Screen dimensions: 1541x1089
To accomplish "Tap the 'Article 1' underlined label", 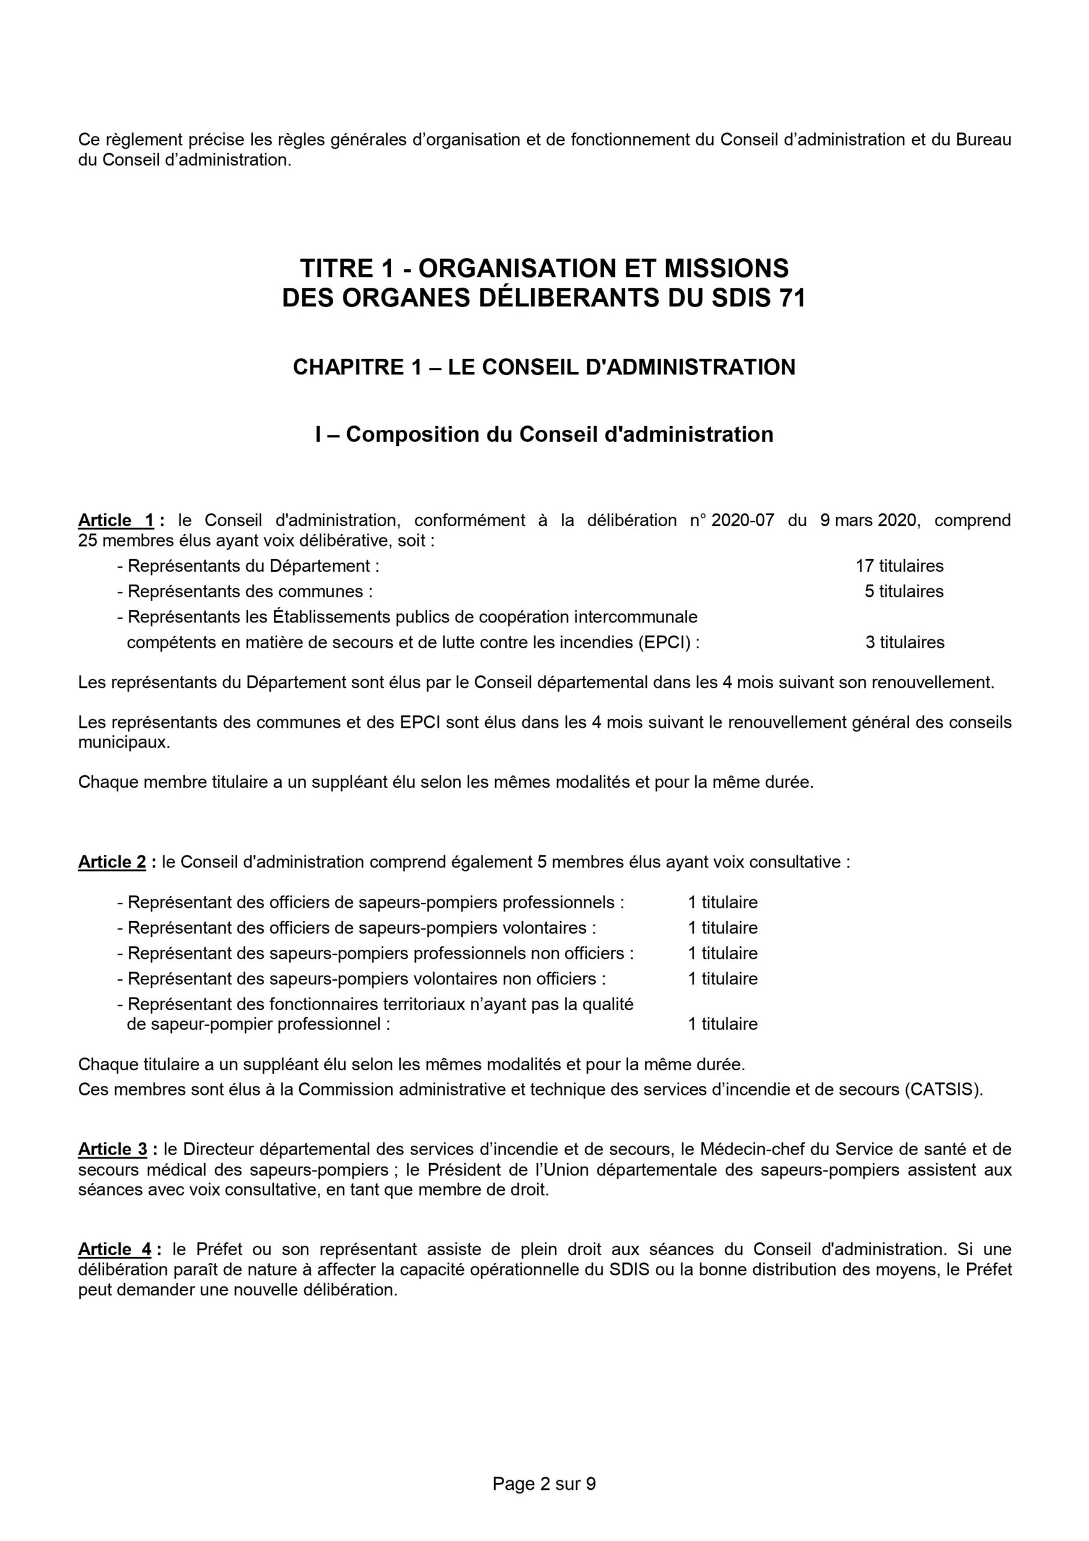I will pos(117,520).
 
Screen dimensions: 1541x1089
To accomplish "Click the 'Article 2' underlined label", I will pos(112,862).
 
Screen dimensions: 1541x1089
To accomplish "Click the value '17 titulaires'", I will pos(899,566).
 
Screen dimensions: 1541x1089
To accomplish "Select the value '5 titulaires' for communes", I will pos(904,591).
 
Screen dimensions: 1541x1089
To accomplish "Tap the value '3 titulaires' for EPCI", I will pos(904,642).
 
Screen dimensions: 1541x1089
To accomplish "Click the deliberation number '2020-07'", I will pos(743,520).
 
